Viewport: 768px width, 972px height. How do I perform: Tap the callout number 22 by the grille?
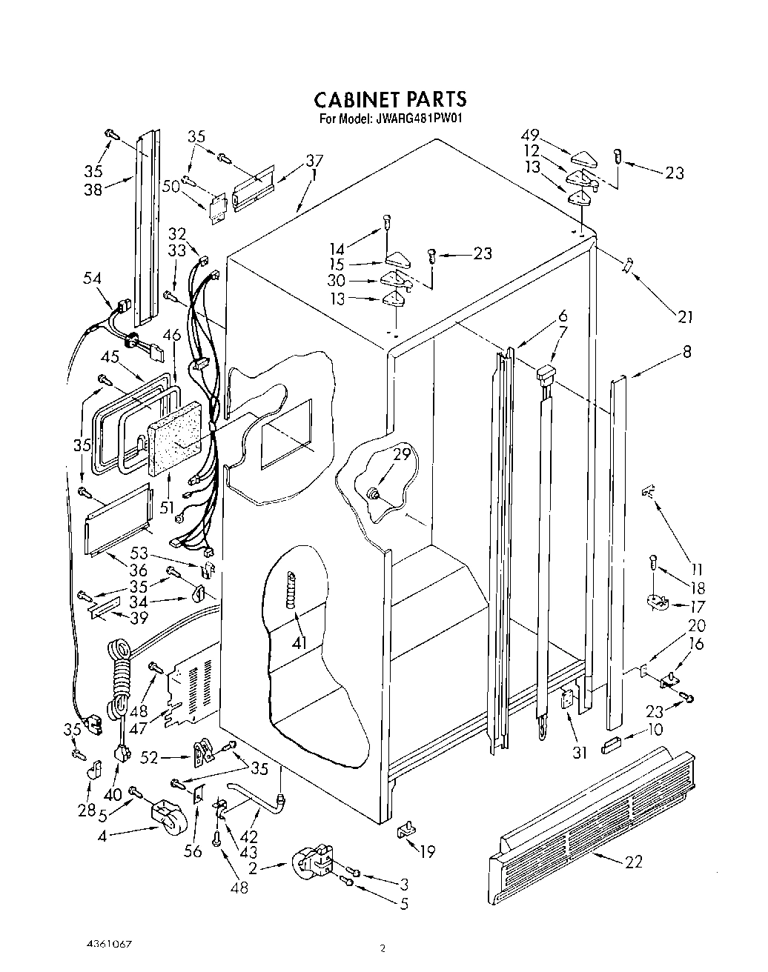pyautogui.click(x=633, y=861)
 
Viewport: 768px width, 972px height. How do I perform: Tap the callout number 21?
pyautogui.click(x=685, y=316)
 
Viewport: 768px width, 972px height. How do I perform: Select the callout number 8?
pyautogui.click(x=686, y=353)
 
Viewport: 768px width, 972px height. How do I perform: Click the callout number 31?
pyautogui.click(x=579, y=753)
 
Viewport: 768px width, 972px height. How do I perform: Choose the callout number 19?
pyautogui.click(x=426, y=852)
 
